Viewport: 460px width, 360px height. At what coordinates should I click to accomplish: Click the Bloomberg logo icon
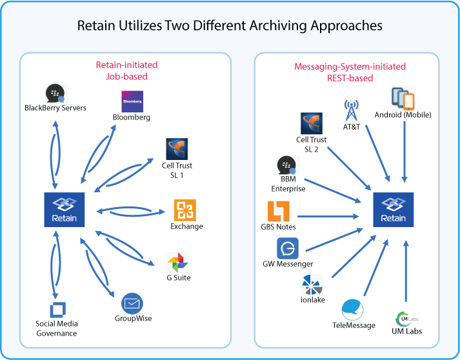click(132, 101)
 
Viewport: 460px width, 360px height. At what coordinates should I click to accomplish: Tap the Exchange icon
click(185, 210)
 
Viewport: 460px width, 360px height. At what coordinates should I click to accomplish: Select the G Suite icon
click(177, 263)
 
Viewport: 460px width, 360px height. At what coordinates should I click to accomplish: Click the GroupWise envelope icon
click(132, 303)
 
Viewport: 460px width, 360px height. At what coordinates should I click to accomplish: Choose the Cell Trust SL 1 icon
click(177, 150)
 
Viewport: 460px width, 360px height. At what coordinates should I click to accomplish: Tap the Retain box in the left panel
click(65, 210)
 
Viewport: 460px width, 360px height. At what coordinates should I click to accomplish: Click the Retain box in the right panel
click(394, 210)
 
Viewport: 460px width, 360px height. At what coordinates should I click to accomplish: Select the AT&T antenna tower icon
click(352, 110)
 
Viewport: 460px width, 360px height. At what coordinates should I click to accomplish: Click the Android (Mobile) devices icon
click(403, 99)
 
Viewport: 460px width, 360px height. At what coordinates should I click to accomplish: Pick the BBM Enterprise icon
click(287, 166)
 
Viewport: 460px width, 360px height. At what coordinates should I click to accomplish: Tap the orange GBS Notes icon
click(279, 212)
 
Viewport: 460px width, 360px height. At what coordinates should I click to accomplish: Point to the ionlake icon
click(313, 285)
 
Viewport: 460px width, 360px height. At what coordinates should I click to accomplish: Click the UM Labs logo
click(405, 319)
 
